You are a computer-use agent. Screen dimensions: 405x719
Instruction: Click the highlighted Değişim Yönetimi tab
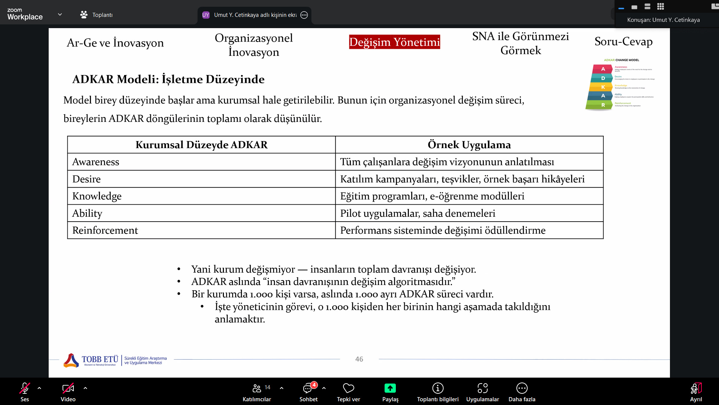pyautogui.click(x=394, y=42)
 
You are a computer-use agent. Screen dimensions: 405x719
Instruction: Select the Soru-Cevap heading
pyautogui.click(x=623, y=41)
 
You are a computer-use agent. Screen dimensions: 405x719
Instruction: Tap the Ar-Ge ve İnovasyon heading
pyautogui.click(x=115, y=43)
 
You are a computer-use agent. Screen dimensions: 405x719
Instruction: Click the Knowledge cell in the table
pyautogui.click(x=97, y=196)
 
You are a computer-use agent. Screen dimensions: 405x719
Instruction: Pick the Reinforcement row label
pyautogui.click(x=105, y=230)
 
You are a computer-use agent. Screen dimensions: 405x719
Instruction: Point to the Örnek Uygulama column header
pyautogui.click(x=469, y=145)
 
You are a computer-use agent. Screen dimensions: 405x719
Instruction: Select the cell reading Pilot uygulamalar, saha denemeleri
pyautogui.click(x=418, y=213)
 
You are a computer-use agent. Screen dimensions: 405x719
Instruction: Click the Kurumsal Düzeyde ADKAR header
pyautogui.click(x=201, y=145)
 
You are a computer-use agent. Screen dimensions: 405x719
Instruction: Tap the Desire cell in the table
pyautogui.click(x=87, y=179)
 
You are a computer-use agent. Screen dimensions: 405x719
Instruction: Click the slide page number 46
pyautogui.click(x=359, y=359)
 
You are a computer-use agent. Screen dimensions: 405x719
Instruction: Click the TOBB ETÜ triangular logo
pyautogui.click(x=71, y=360)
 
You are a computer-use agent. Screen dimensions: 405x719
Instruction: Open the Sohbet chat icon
pyautogui.click(x=308, y=388)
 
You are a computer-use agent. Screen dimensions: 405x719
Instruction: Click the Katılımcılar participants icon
pyautogui.click(x=257, y=388)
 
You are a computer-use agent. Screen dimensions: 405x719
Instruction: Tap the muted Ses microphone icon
pyautogui.click(x=25, y=388)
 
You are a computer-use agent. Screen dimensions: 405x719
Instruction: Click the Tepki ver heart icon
pyautogui.click(x=348, y=388)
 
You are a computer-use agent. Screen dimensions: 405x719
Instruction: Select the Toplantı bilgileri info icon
pyautogui.click(x=438, y=388)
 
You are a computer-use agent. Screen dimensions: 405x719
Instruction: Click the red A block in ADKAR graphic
pyautogui.click(x=603, y=69)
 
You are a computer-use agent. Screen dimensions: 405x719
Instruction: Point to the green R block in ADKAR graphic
pyautogui.click(x=603, y=105)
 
